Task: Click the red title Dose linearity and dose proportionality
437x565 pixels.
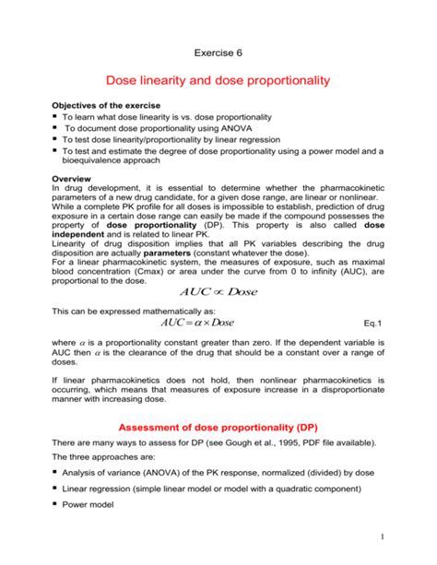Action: point(218,81)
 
